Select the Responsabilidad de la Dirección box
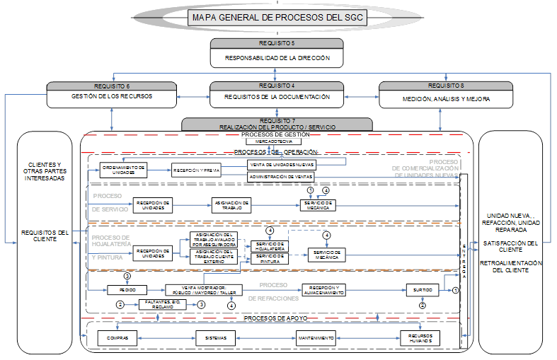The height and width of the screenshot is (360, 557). coord(277,57)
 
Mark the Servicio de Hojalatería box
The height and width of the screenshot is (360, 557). coord(270,246)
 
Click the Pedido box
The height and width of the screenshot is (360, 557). coord(127,289)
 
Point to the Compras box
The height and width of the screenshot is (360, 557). coord(117,337)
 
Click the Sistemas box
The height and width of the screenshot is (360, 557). coord(215,337)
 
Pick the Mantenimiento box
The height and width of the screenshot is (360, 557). coord(316,337)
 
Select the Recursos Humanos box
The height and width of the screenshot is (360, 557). coord(419,337)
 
